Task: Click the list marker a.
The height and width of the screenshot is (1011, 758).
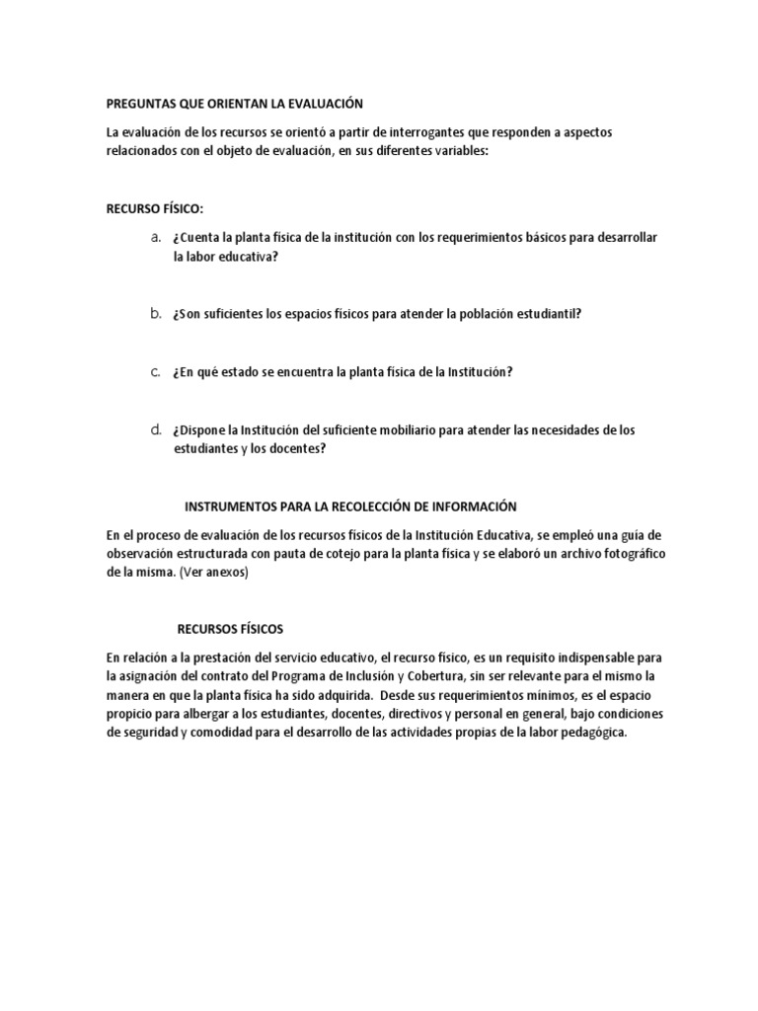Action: (155, 238)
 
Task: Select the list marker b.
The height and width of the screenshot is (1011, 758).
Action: (155, 313)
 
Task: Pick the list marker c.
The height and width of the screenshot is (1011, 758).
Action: (155, 371)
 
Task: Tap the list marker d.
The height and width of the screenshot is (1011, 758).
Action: (155, 429)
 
